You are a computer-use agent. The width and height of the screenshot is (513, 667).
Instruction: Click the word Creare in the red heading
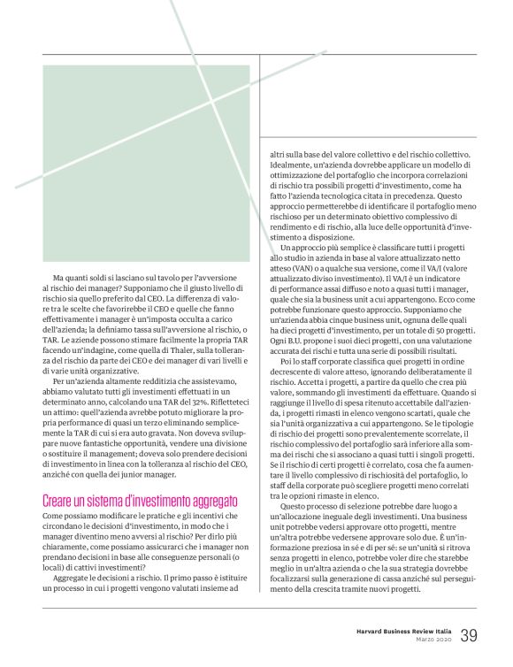(x=60, y=501)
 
